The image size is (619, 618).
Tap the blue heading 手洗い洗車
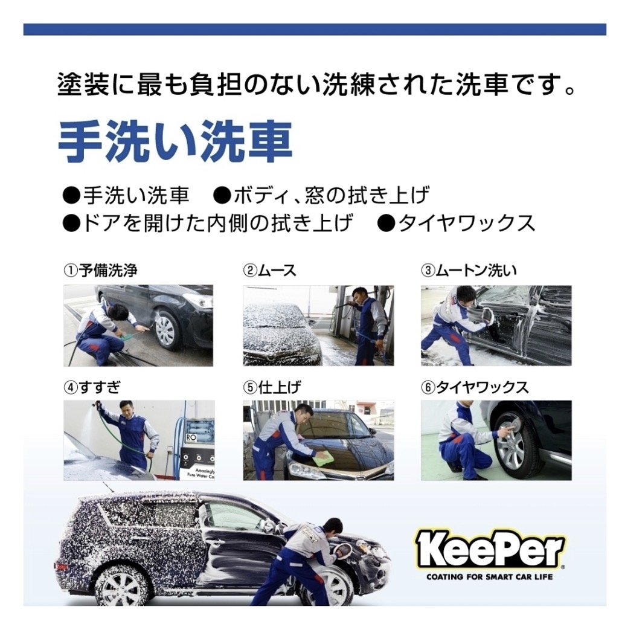(175, 142)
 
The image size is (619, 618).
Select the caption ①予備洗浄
(101, 271)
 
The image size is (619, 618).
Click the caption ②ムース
(270, 271)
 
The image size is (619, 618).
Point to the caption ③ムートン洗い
(469, 271)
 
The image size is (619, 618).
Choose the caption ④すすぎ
(92, 387)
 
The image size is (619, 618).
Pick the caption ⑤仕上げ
(272, 387)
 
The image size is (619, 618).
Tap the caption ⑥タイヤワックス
(475, 387)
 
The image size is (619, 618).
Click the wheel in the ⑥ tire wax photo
(513, 442)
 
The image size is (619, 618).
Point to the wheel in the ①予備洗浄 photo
(165, 332)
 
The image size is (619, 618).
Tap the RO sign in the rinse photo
(191, 438)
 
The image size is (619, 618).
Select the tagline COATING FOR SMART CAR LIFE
(490, 577)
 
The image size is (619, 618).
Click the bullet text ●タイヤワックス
(456, 223)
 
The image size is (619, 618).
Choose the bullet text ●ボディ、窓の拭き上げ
(321, 196)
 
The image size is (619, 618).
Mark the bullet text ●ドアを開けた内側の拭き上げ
(208, 223)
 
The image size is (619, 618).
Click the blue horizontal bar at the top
(315, 30)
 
